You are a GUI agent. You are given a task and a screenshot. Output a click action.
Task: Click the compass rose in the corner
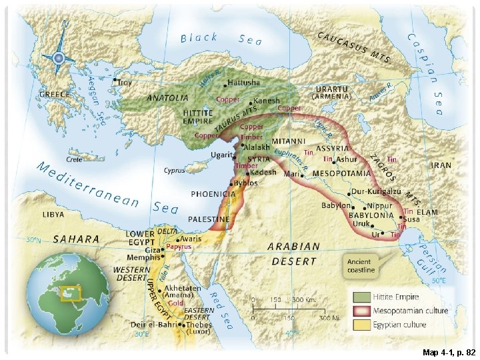(58, 58)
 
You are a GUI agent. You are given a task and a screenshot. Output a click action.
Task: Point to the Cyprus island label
(175, 171)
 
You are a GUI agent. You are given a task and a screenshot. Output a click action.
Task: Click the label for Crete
(74, 159)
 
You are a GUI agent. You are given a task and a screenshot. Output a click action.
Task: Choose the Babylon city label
(335, 206)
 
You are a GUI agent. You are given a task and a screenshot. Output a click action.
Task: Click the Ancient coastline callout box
(361, 265)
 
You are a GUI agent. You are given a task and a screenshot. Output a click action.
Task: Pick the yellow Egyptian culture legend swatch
(362, 325)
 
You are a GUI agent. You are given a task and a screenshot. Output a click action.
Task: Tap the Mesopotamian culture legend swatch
(362, 311)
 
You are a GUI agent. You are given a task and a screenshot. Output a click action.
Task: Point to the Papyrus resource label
(179, 247)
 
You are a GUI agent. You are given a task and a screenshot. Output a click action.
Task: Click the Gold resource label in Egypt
(175, 303)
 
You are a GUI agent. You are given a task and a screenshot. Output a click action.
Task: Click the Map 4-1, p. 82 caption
(449, 351)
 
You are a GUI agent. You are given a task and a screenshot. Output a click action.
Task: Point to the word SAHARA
(76, 239)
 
